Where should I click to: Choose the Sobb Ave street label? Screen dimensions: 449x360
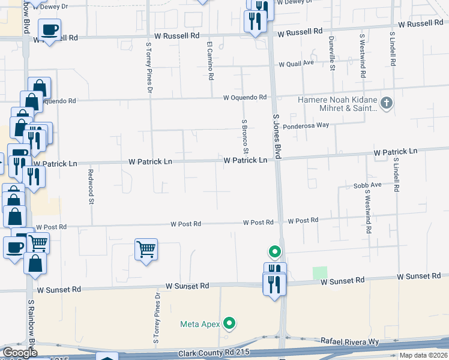tap(367, 185)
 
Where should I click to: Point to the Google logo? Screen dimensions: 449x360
tap(20, 353)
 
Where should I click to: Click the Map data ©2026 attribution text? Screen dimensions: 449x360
tap(424, 355)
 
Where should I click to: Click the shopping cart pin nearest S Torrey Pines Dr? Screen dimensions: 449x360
tap(146, 249)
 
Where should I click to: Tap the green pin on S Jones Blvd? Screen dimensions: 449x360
tap(275, 253)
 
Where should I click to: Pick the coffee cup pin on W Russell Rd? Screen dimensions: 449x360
tap(50, 29)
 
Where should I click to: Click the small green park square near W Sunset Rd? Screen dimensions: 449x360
tap(321, 273)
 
